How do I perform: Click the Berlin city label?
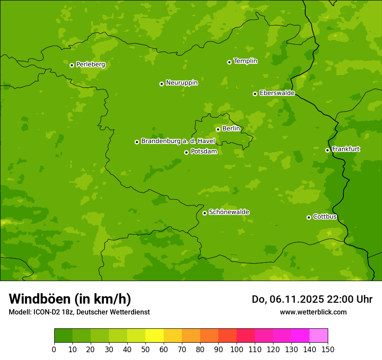point(231,129)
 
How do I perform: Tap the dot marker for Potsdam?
point(186,152)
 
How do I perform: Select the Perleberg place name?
point(90,65)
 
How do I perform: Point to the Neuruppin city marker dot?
point(161,84)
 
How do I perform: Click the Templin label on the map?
point(245,61)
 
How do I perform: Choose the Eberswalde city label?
point(277,93)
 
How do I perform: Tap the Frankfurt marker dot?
point(327,150)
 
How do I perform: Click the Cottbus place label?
point(325,217)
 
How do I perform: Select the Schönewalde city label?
point(229,212)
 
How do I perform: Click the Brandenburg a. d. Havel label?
point(178,141)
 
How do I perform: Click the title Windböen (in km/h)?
point(70,299)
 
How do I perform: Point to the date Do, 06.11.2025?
point(288,299)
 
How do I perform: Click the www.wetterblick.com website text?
point(313,312)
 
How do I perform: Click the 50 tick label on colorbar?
point(145,349)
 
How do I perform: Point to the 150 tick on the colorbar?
point(328,349)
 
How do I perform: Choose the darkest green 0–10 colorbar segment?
point(63,336)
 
